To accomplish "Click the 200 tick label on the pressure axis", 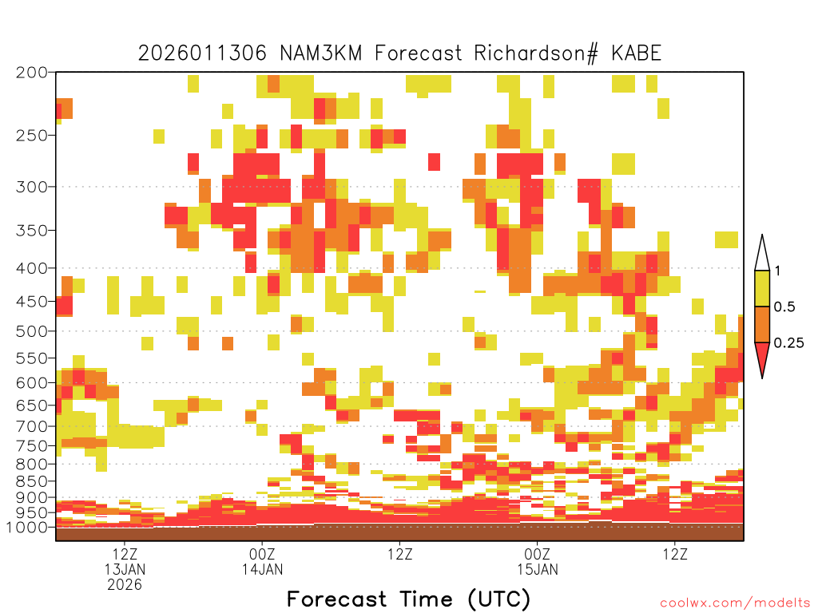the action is (31, 73).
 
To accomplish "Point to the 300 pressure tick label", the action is (31, 187).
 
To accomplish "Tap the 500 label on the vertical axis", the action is (31, 331).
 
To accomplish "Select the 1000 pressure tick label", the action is (27, 527).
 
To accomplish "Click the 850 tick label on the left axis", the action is (31, 481).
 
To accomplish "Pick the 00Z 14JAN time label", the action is (262, 561).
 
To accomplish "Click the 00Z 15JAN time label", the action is (538, 561).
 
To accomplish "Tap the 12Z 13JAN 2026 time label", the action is (125, 569).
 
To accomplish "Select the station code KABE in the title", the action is (637, 53).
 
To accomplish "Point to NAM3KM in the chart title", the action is (321, 53).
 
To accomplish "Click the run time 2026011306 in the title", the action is (202, 53).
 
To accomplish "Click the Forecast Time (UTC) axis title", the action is (408, 599).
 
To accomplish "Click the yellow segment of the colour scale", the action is (762, 288).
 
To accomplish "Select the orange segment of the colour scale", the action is (762, 324).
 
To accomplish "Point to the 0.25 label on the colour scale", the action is (788, 343).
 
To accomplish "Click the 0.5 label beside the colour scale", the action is (784, 307).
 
